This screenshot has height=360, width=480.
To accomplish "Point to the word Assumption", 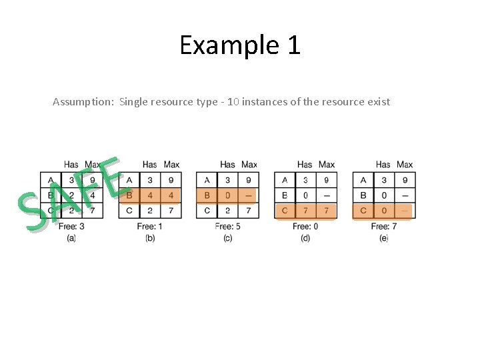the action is coord(83,102).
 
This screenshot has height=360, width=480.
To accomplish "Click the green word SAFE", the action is coord(73,193).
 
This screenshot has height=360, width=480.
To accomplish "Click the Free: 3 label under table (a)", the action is coord(71,227).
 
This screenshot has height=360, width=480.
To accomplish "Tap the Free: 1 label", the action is coord(150,227).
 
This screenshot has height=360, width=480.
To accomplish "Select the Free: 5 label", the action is coord(228,227).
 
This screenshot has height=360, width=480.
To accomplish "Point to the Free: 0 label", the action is coord(306,227).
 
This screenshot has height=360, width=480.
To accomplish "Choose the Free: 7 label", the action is coord(384,227).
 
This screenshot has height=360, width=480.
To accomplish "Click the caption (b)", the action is coord(150,238).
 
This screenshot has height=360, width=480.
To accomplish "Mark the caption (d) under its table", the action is coord(306,238).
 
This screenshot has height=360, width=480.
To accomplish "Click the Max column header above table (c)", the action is coord(249,165).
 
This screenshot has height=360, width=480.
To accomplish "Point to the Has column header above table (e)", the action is coord(383,165).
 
